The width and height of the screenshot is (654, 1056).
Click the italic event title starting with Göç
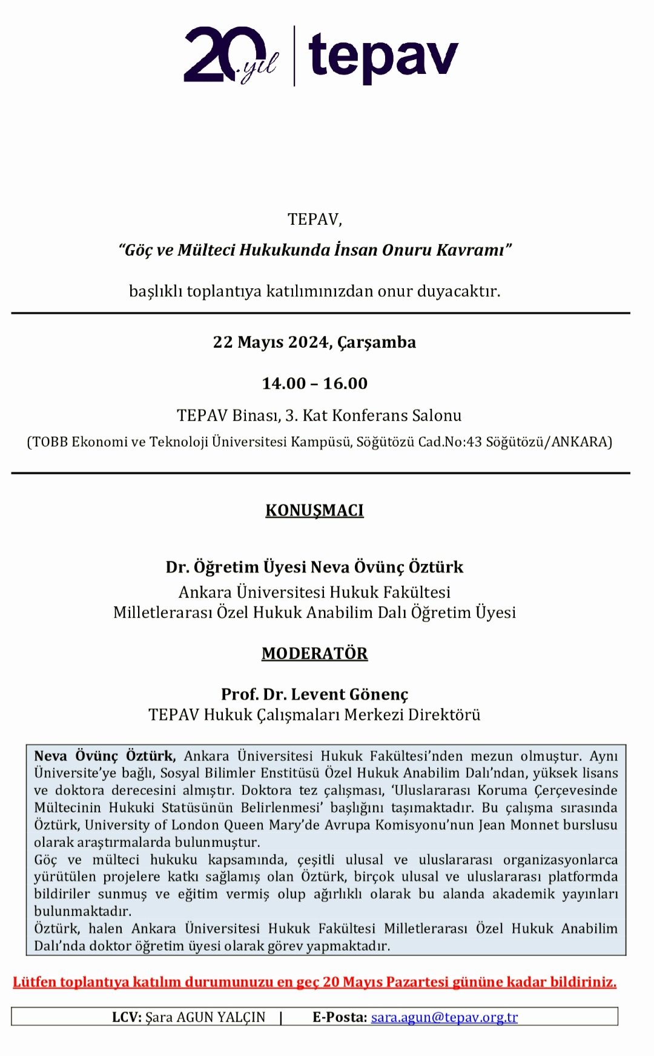(x=315, y=250)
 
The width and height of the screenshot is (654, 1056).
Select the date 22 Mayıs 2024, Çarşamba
(x=314, y=342)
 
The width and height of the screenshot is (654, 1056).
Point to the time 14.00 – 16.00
(x=314, y=384)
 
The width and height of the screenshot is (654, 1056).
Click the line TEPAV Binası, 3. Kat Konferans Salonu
(x=319, y=416)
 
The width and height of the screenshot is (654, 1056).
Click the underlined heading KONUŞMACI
(x=314, y=510)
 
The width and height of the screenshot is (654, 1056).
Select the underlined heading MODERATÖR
(x=314, y=654)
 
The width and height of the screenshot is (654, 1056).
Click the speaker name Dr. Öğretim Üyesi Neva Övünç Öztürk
(x=314, y=567)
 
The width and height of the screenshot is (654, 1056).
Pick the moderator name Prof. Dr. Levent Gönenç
(x=314, y=694)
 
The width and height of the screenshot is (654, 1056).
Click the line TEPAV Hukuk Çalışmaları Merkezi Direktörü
(x=314, y=715)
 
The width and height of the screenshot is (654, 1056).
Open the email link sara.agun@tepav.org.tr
(x=444, y=1017)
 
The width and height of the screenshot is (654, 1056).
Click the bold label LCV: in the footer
(x=127, y=1017)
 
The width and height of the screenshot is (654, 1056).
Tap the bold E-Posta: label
(x=340, y=1017)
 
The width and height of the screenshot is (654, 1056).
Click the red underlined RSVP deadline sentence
(x=314, y=982)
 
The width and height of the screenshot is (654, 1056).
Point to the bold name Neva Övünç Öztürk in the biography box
(x=105, y=756)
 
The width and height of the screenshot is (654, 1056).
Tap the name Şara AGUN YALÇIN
(x=205, y=1017)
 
